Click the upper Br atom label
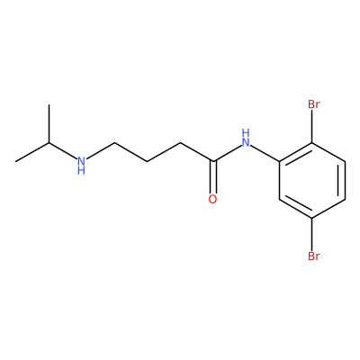[314, 104]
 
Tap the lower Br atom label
[314, 256]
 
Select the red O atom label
[212, 200]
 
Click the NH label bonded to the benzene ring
[246, 138]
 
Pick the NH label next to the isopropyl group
[81, 165]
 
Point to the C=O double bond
[212, 177]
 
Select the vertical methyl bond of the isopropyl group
[49, 123]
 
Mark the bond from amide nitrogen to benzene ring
[265, 153]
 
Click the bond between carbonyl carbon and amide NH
[227, 153]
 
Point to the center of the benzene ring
[312, 180]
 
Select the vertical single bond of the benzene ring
[279, 180]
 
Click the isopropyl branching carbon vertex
[49, 143]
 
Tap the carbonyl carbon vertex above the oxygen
[213, 162]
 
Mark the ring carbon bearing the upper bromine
[312, 143]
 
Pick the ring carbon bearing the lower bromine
[312, 218]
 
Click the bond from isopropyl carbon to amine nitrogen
[62, 151]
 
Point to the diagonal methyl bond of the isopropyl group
[31, 152]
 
